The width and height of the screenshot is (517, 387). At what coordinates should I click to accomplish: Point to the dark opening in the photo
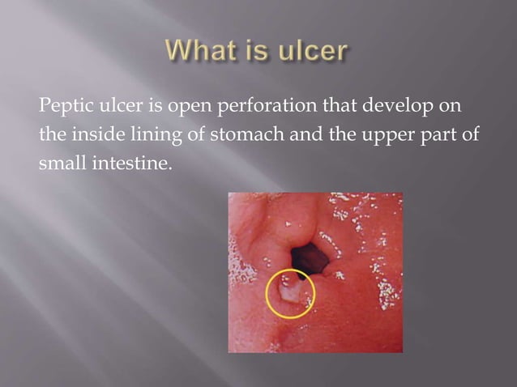pyautogui.click(x=311, y=258)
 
